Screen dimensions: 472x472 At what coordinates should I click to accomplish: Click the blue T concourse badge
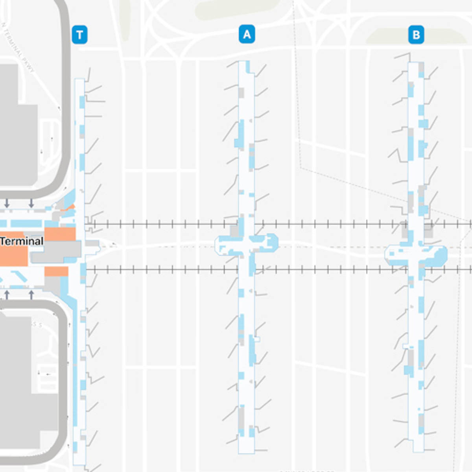tap(79, 35)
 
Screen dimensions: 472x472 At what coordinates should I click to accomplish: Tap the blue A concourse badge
tap(247, 35)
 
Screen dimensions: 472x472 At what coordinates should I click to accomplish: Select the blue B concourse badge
tap(416, 35)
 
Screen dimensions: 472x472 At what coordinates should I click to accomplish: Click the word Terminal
tap(22, 241)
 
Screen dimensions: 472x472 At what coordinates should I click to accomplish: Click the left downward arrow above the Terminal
tap(7, 203)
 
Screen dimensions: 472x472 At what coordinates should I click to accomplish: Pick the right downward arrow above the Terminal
tap(31, 203)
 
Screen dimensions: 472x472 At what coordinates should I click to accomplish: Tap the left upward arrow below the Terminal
tap(7, 294)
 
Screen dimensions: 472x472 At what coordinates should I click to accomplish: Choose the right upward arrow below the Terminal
tap(31, 294)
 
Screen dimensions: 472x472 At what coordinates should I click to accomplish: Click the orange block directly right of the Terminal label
tap(60, 234)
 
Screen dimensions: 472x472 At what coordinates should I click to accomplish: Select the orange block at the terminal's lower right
tap(56, 271)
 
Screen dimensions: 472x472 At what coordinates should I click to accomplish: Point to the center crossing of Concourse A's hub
tap(247, 245)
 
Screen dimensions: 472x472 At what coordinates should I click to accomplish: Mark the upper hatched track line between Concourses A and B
tap(330, 225)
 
